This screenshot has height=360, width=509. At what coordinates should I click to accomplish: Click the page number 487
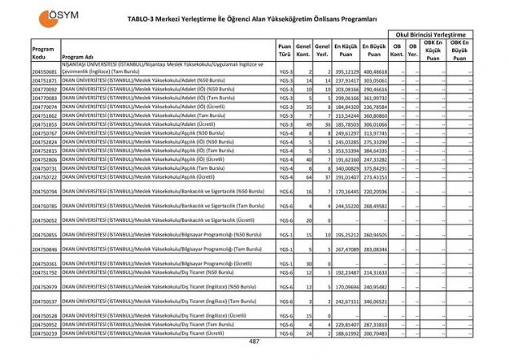click(x=254, y=342)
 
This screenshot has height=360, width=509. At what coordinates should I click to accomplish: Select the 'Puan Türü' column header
click(x=285, y=53)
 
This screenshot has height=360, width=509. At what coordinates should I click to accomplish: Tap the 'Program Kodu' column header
click(x=43, y=53)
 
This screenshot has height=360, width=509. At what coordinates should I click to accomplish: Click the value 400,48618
click(x=374, y=72)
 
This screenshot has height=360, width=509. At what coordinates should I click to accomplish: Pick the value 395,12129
click(x=346, y=72)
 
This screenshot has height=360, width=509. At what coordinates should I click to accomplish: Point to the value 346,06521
click(x=374, y=301)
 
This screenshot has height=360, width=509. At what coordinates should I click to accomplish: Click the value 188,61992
click(x=346, y=332)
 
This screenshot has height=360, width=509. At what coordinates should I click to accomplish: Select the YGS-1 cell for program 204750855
click(x=285, y=235)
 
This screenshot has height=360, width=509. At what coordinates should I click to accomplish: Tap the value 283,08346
click(x=374, y=249)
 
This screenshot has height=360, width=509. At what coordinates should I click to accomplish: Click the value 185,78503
click(x=346, y=124)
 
